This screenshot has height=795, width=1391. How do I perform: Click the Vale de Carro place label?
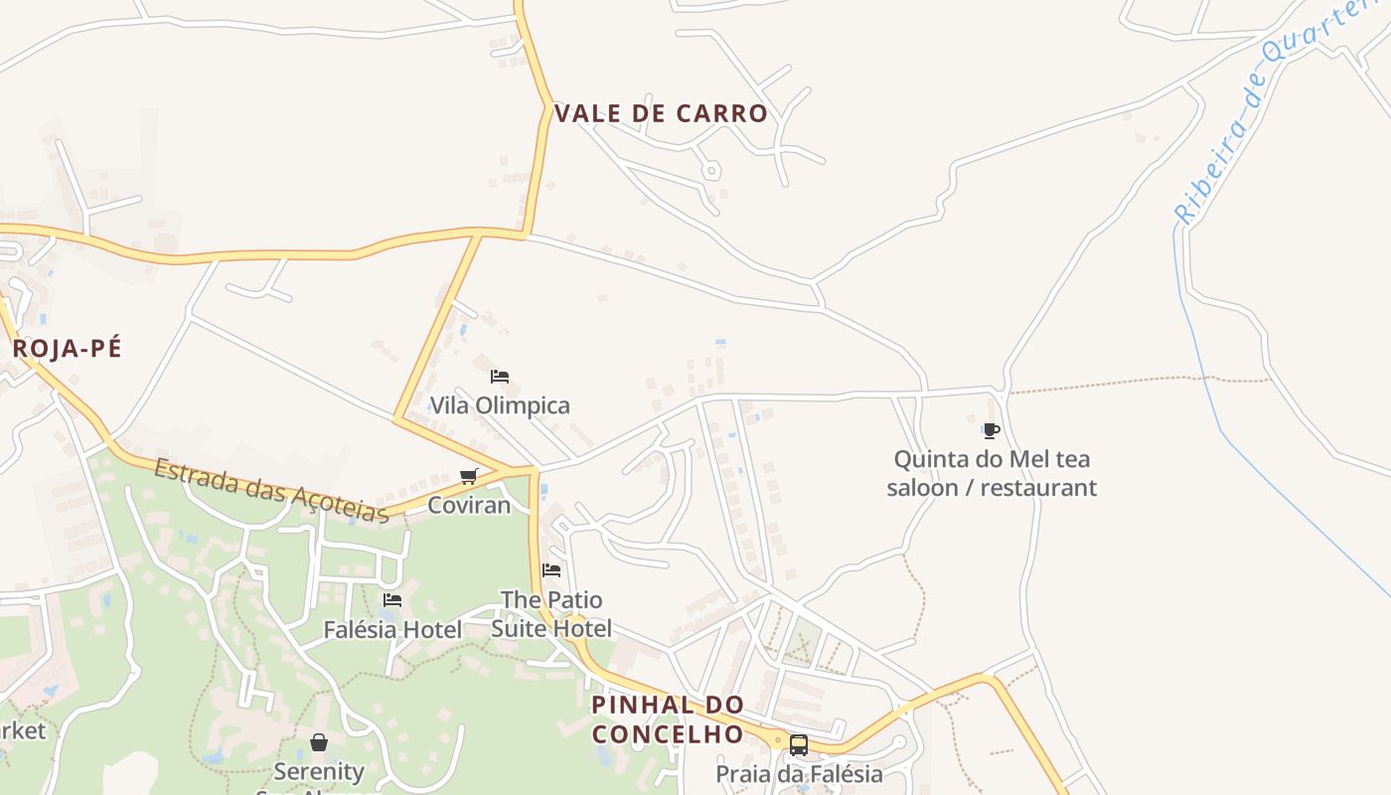tap(661, 113)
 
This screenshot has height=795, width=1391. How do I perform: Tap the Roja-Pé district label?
tap(67, 349)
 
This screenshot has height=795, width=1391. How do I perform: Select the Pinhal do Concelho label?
tap(668, 719)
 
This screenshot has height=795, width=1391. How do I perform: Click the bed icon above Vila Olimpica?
tap(500, 377)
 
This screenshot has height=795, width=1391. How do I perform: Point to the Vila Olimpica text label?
tap(500, 405)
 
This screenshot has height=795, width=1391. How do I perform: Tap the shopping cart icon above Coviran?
tap(469, 477)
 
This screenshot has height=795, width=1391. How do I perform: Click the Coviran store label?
tap(469, 505)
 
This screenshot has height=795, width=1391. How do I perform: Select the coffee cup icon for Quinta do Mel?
tap(991, 430)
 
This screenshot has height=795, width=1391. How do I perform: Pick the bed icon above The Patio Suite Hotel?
tap(551, 570)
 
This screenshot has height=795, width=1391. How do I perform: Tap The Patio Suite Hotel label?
tap(551, 614)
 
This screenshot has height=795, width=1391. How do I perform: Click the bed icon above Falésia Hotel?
tap(392, 600)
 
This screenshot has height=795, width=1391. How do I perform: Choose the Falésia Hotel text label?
tap(392, 629)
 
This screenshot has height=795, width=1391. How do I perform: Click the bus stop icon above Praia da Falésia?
tap(799, 744)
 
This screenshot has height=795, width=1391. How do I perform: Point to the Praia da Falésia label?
tap(799, 773)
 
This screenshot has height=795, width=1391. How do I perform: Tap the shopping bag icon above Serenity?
tap(319, 742)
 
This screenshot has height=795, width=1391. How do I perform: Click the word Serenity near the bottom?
tap(319, 771)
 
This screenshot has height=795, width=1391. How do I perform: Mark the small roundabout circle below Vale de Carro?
tap(710, 171)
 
